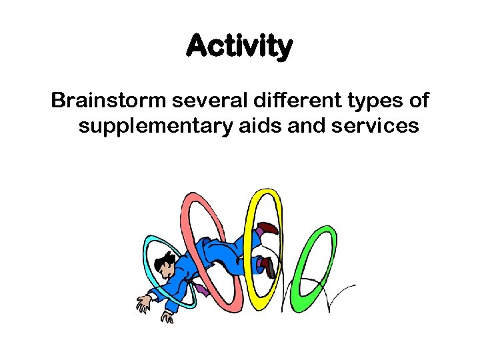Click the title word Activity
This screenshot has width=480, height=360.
tap(239, 47)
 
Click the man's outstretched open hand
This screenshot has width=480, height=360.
tap(144, 303)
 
